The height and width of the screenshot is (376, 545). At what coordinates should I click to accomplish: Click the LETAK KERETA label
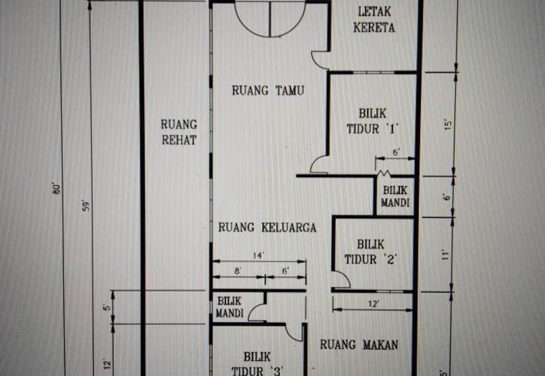coord(377,20)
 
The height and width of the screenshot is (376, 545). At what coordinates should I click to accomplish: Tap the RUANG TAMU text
coord(268,91)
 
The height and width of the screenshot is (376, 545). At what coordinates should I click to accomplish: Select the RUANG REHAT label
coord(179,132)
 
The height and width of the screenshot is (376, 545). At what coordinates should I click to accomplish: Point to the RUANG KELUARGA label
coord(267,228)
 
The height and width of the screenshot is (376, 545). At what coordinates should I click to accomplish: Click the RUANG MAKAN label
coord(359,345)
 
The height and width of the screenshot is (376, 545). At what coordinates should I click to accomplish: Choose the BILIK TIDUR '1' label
coord(372,121)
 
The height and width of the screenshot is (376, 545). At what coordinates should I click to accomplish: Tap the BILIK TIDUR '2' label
coord(371,251)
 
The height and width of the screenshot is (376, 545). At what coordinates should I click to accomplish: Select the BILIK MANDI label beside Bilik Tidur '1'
coord(396,197)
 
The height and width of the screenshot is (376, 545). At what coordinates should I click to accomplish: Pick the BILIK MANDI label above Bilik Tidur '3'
coord(230,307)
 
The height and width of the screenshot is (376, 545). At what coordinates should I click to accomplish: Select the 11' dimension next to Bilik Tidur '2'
coord(446,255)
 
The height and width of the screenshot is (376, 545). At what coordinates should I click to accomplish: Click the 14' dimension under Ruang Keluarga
coord(259,255)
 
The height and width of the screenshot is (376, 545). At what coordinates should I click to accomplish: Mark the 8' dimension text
coord(238,270)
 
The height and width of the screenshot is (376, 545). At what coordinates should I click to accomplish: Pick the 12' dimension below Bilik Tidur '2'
coord(373,302)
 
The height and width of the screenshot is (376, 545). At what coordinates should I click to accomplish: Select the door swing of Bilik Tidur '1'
coord(319,165)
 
